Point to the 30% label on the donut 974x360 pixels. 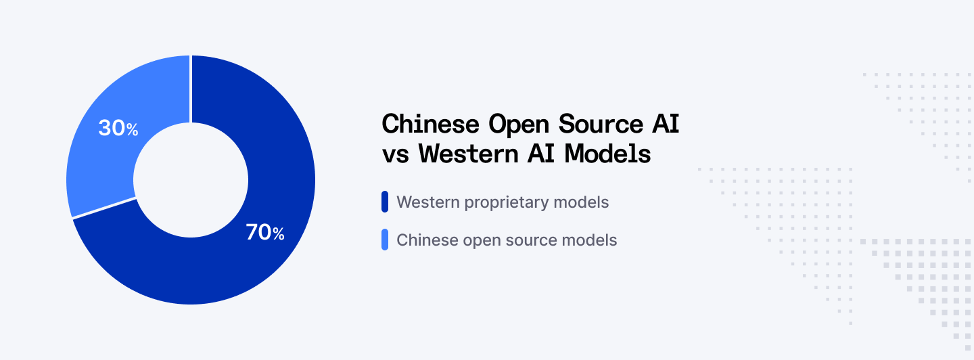tap(118, 128)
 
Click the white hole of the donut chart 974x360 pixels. tap(191, 180)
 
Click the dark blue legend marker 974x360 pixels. tap(385, 202)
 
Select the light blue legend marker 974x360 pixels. tap(385, 240)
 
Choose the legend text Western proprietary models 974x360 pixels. tap(503, 202)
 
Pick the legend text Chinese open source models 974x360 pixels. tap(507, 240)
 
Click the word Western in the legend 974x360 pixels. tap(425, 202)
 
